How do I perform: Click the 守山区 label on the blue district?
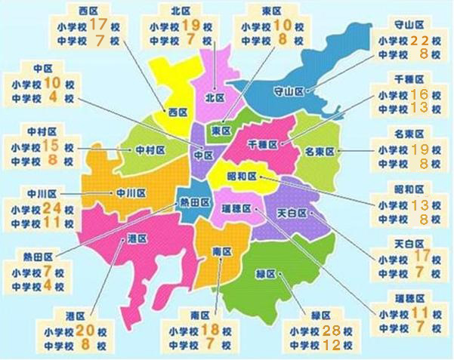point(287,91)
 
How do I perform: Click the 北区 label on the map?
point(215,97)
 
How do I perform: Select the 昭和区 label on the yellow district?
point(241,177)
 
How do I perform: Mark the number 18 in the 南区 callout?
point(211,330)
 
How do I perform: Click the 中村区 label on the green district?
point(150,149)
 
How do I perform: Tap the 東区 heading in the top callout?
point(273,10)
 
